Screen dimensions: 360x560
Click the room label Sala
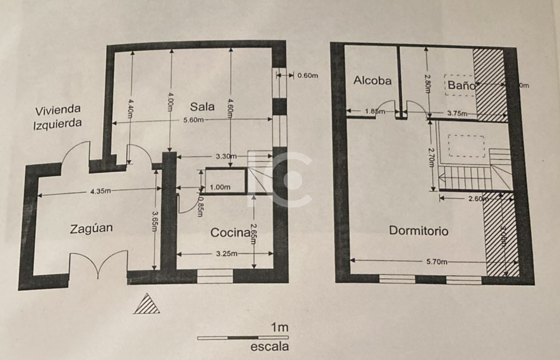point(202,107)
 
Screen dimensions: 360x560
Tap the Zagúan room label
point(91,229)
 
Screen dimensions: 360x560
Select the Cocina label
point(230,233)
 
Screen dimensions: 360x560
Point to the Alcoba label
point(373,80)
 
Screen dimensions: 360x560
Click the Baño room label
point(461,85)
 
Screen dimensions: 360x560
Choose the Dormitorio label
point(418,231)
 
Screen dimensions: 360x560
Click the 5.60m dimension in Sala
point(192,121)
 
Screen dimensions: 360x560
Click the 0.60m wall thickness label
point(308,76)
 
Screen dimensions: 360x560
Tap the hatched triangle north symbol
point(146,305)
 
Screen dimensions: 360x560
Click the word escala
point(269,347)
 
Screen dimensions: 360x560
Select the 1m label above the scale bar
point(279,327)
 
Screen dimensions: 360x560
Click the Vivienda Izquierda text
point(58,116)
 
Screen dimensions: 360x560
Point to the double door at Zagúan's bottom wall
point(98,264)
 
